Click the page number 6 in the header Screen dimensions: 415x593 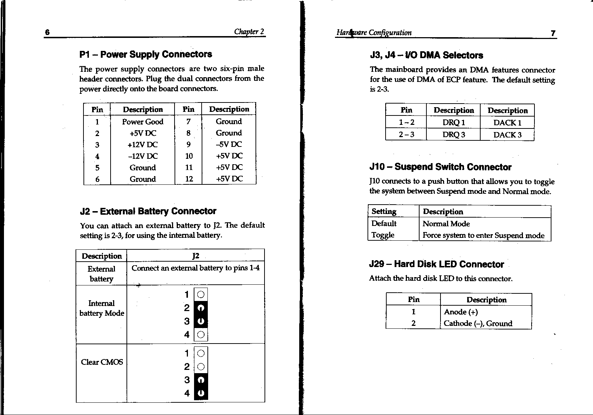click(47, 32)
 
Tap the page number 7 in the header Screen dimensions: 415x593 click(553, 33)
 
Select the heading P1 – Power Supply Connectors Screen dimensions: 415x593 click(146, 54)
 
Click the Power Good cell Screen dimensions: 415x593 click(143, 122)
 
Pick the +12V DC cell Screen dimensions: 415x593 click(143, 145)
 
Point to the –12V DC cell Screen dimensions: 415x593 click(143, 156)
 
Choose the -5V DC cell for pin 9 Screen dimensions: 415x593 click(229, 144)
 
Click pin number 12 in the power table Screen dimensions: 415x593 click(189, 179)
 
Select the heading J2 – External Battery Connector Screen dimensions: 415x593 click(148, 211)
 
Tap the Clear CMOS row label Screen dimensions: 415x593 click(102, 362)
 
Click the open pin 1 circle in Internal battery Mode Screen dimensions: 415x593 click(201, 294)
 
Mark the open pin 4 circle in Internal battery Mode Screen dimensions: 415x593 click(201, 335)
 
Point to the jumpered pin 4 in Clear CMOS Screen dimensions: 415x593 click(201, 393)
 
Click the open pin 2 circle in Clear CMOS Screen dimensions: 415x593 click(201, 367)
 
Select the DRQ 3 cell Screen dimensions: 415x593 click(454, 135)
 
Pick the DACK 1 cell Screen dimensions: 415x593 click(507, 123)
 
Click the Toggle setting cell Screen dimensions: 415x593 click(383, 235)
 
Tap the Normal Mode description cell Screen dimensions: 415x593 click(446, 224)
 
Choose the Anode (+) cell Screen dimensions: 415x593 click(461, 312)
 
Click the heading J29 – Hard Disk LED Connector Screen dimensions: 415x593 click(436, 265)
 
